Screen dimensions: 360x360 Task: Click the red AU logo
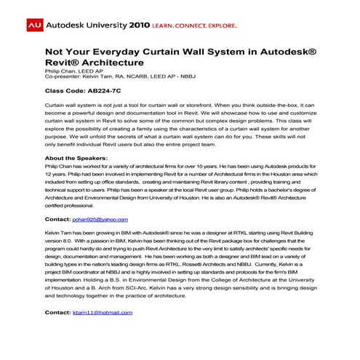coord(33,24)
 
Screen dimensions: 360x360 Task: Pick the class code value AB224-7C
coord(105,94)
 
